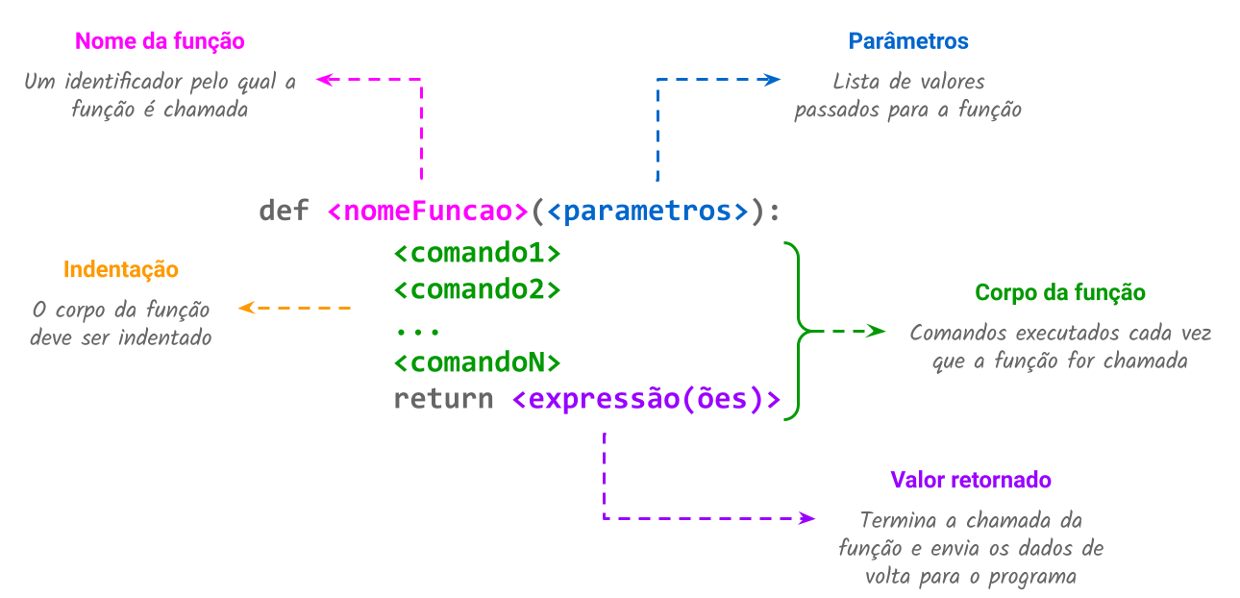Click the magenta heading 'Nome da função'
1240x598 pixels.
tap(160, 41)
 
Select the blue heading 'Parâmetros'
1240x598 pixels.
tap(908, 41)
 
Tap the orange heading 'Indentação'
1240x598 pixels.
tap(121, 269)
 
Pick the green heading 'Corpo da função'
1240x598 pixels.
tap(1059, 292)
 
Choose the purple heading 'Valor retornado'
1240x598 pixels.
tap(970, 480)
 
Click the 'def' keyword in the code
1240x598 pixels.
tap(284, 211)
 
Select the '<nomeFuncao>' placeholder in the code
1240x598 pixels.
tap(428, 211)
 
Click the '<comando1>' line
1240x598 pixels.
tap(477, 254)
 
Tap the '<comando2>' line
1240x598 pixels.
tap(477, 289)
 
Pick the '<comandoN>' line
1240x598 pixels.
tap(477, 362)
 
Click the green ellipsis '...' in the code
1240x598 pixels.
tap(417, 330)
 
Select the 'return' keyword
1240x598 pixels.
tap(443, 399)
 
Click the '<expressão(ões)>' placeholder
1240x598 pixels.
tap(646, 399)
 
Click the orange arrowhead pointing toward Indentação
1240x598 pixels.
tap(246, 308)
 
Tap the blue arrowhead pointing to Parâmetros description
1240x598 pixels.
tap(773, 81)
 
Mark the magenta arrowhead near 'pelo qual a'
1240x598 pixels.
tap(324, 81)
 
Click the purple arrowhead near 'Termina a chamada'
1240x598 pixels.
tap(807, 518)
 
